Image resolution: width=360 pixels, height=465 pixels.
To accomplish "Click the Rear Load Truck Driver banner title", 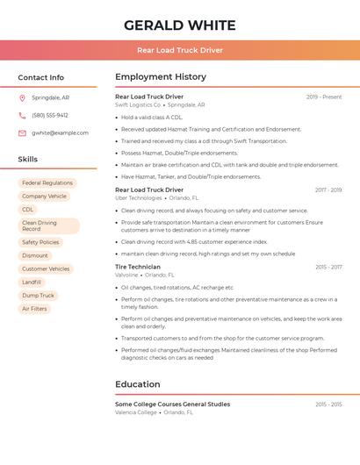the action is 179,50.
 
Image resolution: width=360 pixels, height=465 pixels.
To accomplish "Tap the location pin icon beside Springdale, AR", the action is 22,97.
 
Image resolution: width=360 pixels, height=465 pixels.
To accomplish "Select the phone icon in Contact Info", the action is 22,115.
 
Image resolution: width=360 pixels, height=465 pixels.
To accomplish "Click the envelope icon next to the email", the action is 22,132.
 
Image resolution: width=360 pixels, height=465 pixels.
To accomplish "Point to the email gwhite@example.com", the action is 60,132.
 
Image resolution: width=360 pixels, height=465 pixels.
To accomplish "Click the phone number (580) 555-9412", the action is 50,115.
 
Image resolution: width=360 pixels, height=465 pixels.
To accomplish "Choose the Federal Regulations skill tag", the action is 47,183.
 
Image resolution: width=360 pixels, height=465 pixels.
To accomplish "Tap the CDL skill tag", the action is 28,210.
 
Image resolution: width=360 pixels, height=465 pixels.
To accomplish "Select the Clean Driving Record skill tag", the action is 48,225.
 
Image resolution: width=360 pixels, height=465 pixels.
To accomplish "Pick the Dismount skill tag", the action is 35,255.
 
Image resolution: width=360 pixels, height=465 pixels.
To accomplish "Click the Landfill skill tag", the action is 32,282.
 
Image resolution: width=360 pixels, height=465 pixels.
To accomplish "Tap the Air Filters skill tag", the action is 34,308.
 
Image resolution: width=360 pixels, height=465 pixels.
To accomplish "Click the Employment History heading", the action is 161,76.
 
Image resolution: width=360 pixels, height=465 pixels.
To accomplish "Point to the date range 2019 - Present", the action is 323,97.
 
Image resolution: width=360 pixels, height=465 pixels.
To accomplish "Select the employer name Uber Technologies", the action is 139,198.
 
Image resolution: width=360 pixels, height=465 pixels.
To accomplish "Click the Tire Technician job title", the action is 138,267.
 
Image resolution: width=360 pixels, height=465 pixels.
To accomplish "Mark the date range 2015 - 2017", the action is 328,267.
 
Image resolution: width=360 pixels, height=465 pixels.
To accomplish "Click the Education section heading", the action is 138,384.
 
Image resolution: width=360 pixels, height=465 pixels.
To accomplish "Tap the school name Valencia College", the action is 136,412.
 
